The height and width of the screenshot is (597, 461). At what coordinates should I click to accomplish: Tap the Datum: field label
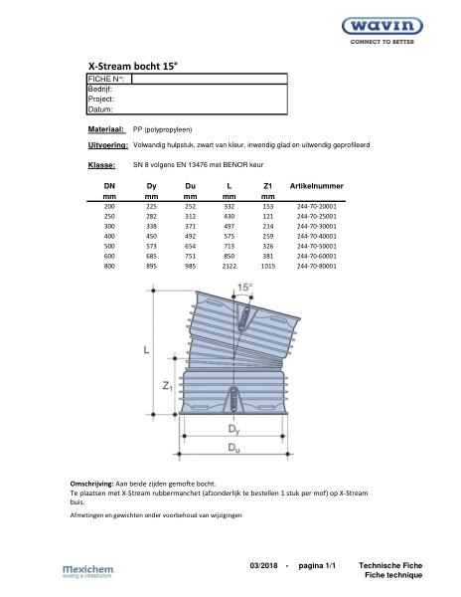click(x=101, y=109)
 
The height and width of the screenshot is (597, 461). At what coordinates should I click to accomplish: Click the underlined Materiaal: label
click(x=105, y=130)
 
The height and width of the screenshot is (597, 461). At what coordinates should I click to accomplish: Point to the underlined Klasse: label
click(x=101, y=165)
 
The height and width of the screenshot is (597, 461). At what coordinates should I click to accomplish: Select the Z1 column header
click(x=268, y=186)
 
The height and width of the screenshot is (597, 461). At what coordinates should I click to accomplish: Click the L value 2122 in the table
click(x=230, y=266)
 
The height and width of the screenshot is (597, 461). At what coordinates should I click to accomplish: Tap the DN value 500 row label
click(x=109, y=246)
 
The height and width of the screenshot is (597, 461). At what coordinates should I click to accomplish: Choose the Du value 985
click(x=191, y=266)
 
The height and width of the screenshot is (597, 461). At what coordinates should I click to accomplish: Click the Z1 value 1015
click(x=268, y=266)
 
